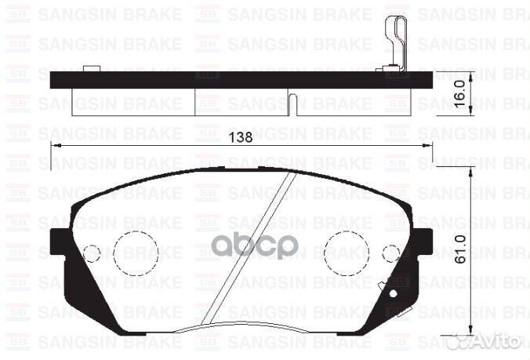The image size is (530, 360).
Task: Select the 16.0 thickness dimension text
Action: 462,90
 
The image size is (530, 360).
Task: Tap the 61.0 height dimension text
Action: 461,250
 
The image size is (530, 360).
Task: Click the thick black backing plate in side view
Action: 235,79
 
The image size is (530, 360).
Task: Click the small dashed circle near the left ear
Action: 92,253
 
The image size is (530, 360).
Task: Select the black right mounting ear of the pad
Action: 421,243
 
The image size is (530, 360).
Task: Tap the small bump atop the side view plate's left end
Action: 93,69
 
